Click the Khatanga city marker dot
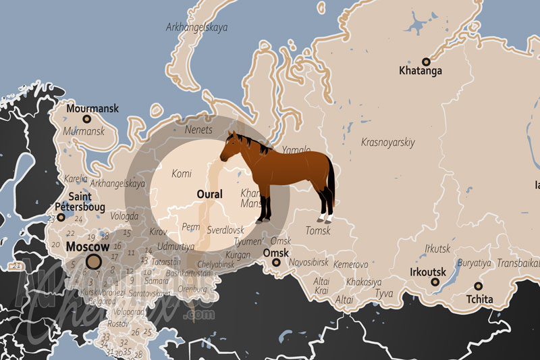426,61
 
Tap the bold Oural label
209,195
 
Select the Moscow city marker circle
94,261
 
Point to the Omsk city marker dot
275,263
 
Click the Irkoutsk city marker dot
435,282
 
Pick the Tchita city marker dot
478,286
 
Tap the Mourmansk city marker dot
86,118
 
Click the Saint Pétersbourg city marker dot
61,217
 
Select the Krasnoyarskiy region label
388,143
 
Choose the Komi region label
182,174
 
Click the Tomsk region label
318,231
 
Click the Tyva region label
383,294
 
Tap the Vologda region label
124,217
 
